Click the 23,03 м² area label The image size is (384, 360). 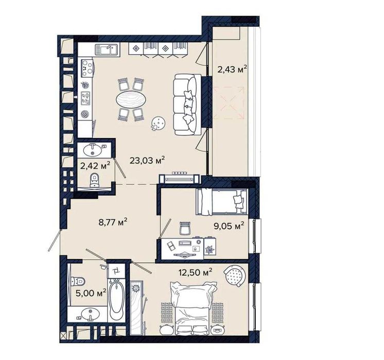(x=147, y=161)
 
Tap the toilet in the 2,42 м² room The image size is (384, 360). (x=94, y=180)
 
